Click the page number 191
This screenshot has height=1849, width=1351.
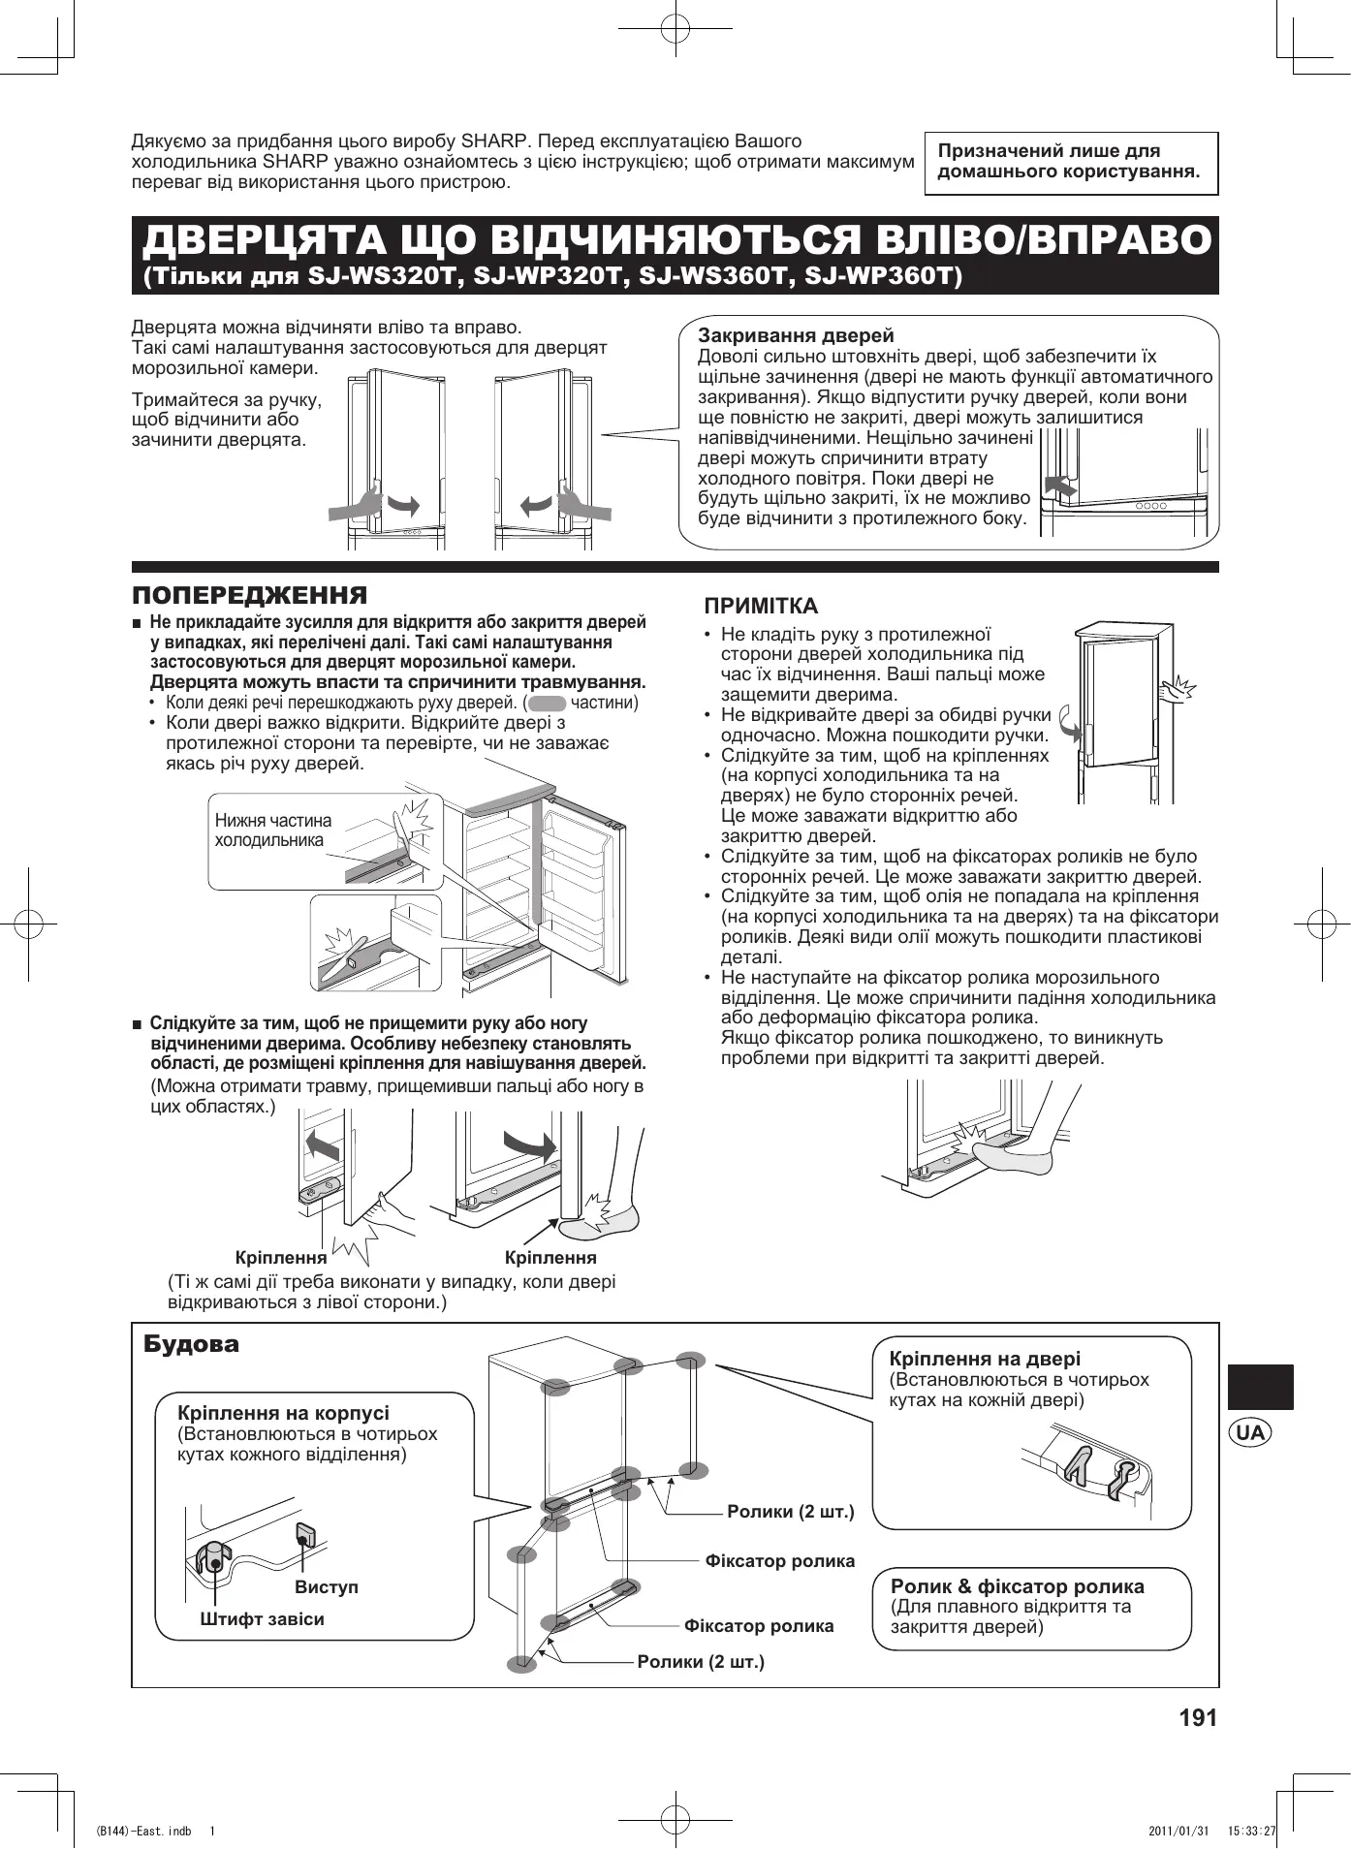(x=1197, y=1718)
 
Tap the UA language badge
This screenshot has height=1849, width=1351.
(x=1250, y=1432)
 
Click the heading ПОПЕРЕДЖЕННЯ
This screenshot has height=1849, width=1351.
(x=250, y=595)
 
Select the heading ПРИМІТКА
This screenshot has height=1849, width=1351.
(x=762, y=607)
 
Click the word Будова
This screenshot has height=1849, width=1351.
(x=191, y=1344)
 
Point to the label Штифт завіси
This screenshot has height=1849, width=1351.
(x=262, y=1618)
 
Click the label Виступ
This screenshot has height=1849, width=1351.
(x=326, y=1587)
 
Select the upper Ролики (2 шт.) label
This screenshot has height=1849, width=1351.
(x=790, y=1511)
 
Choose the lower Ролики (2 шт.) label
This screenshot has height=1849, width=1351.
(x=701, y=1662)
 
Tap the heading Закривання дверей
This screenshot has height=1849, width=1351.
(x=796, y=336)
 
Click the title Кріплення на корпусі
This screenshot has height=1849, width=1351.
(x=284, y=1413)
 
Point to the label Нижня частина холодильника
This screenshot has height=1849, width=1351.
(x=272, y=830)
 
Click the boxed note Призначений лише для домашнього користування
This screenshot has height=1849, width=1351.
(x=1070, y=162)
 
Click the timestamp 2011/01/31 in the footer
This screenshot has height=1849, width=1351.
(x=1178, y=1831)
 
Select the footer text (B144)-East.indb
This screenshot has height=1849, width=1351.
(x=143, y=1831)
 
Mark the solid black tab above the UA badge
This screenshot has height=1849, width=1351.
(x=1260, y=1386)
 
